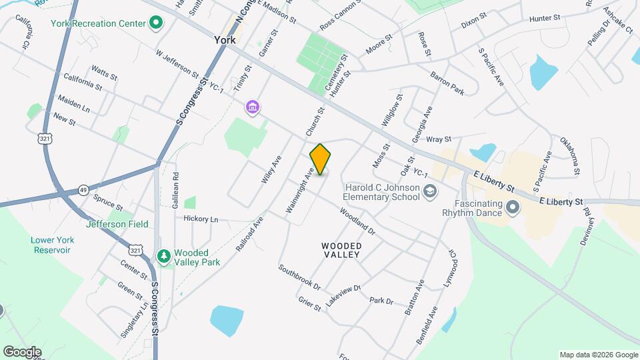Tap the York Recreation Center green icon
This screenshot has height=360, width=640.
click(156, 24)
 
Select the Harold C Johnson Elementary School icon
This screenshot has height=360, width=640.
click(430, 191)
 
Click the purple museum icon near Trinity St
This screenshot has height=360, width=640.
click(252, 107)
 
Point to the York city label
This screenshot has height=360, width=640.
click(225, 40)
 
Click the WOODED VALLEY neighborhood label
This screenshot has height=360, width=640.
click(342, 251)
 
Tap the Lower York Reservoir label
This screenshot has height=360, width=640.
click(51, 245)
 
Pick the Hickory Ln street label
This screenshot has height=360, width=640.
click(200, 219)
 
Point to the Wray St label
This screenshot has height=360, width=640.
click(439, 139)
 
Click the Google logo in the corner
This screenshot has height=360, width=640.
click(22, 352)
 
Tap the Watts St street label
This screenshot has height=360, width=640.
click(104, 72)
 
